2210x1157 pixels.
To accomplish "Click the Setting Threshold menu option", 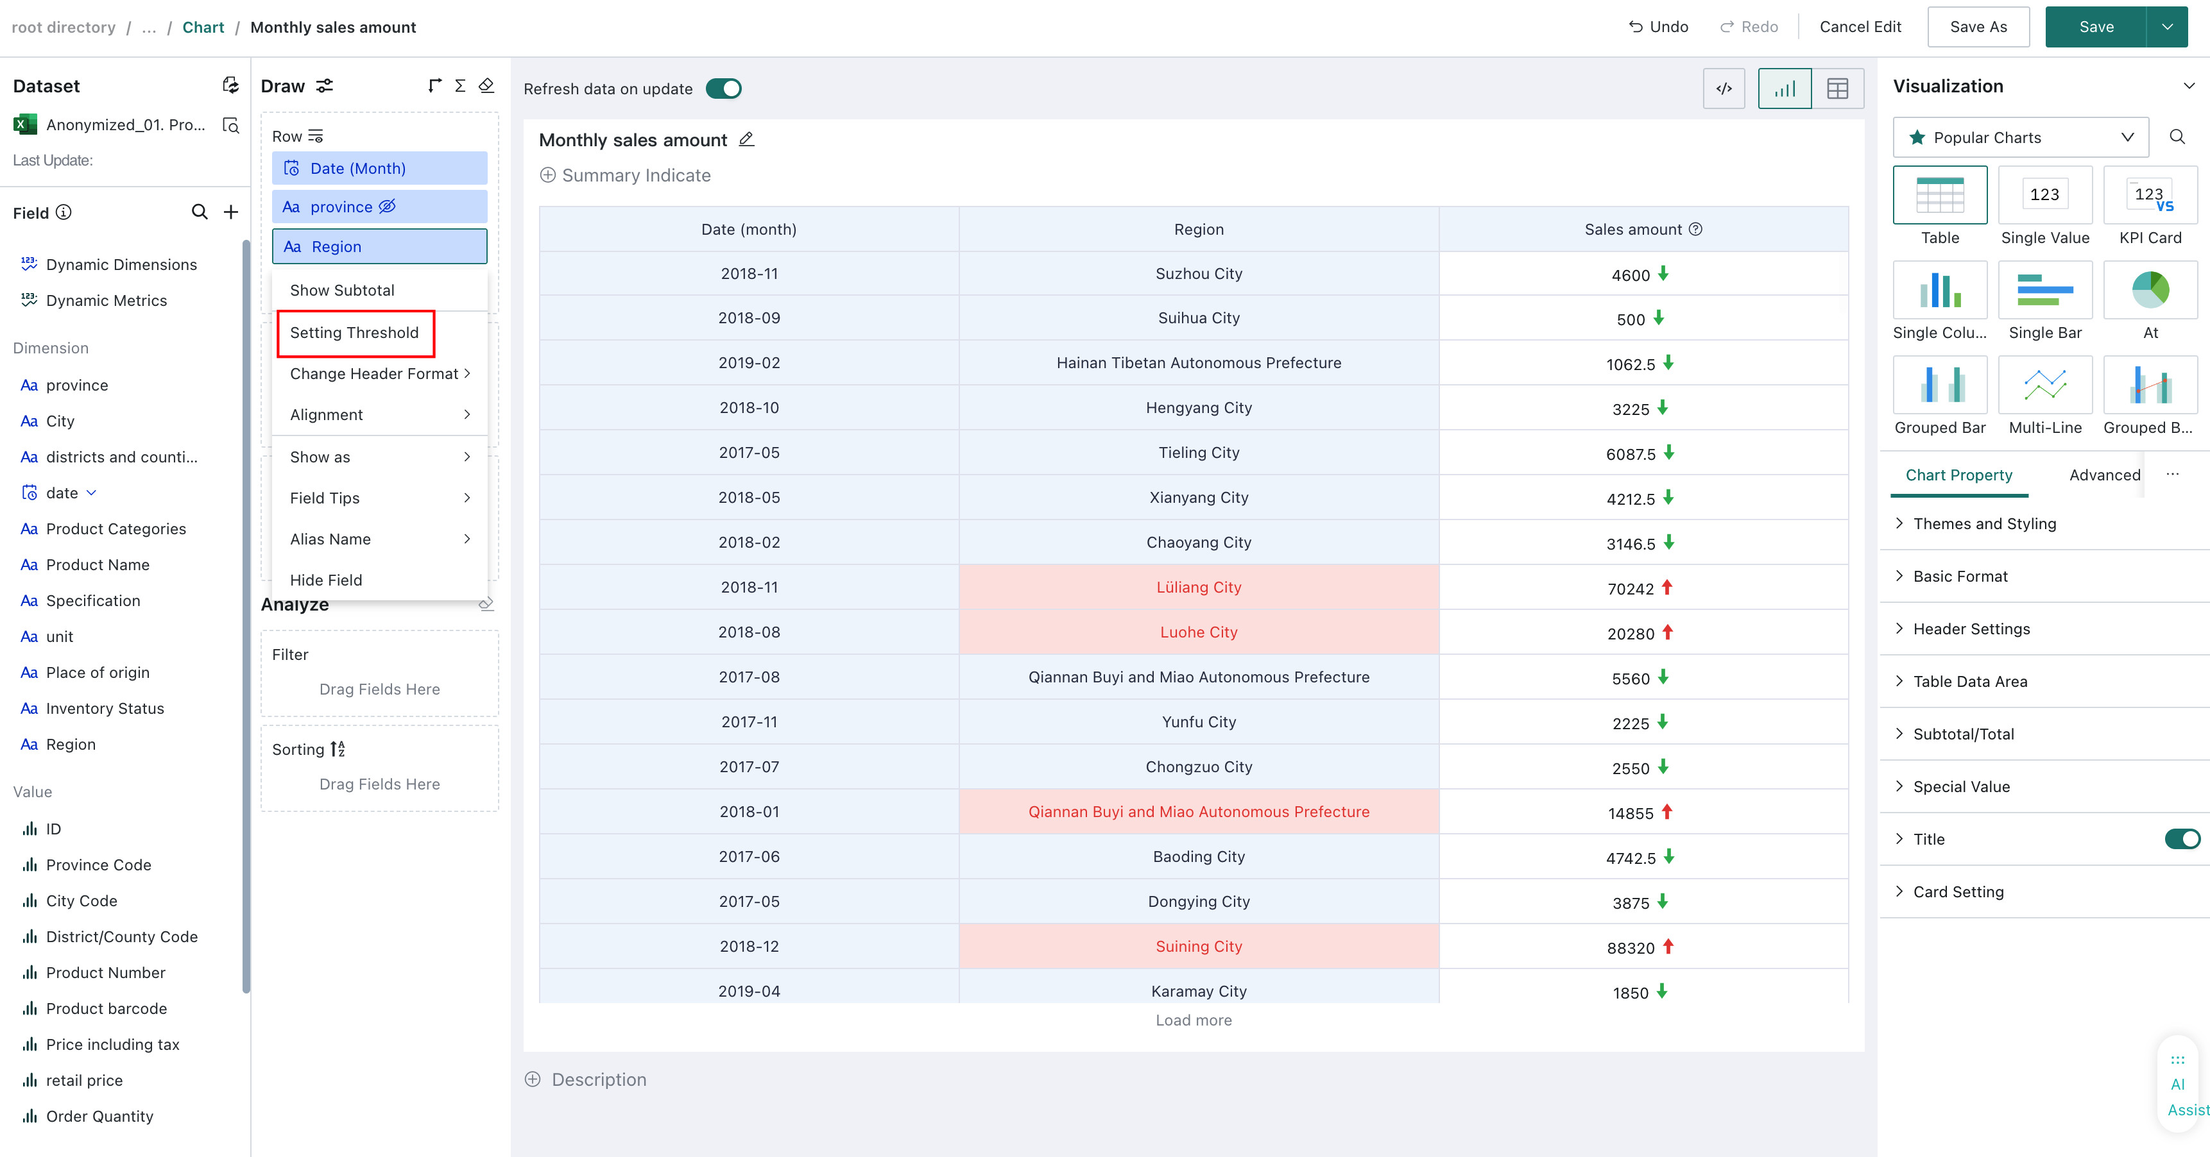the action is point(354,333).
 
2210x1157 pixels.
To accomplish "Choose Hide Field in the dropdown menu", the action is point(326,580).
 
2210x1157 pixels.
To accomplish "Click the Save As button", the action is point(1978,26).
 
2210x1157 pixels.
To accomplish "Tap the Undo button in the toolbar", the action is point(1657,26).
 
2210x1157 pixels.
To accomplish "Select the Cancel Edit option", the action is point(1860,26).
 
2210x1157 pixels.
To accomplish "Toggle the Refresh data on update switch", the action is point(723,89).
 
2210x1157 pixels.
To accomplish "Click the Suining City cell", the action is point(1199,946).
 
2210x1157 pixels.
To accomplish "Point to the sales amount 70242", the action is point(1630,588).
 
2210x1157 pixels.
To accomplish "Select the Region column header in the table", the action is point(1199,229).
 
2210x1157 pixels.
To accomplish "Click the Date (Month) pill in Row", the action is point(379,168).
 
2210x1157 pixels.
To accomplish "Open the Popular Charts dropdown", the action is point(2021,137).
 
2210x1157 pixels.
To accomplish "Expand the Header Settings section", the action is point(1971,629).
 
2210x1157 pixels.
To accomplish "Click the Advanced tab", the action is point(2105,475).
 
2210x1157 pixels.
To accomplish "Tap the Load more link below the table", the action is point(1194,1020).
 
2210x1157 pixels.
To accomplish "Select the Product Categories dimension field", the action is point(116,528).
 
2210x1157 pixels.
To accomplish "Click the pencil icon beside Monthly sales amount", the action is point(746,139).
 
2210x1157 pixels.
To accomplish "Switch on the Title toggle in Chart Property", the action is point(2182,839).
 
